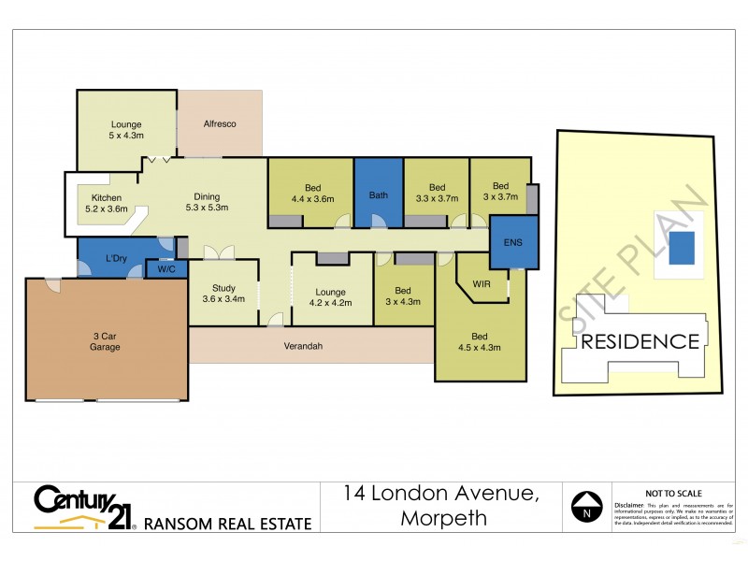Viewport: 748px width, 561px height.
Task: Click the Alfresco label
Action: [x=220, y=123]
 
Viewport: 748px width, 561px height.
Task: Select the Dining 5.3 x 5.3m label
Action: [x=207, y=202]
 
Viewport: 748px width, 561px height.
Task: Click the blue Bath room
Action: [x=378, y=194]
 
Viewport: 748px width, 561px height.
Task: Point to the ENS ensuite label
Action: [x=512, y=243]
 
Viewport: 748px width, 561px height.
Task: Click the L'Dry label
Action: [x=116, y=258]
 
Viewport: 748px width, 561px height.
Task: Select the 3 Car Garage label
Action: [x=106, y=340]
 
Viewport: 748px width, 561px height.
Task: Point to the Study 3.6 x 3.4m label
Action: [x=223, y=294]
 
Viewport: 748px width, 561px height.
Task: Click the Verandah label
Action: [x=304, y=346]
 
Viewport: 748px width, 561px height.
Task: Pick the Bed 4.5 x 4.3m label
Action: [x=480, y=341]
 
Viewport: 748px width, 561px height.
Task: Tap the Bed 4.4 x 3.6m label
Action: [x=312, y=193]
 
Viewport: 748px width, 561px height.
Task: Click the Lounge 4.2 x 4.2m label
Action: [x=330, y=297]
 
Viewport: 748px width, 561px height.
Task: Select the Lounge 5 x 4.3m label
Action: [x=125, y=130]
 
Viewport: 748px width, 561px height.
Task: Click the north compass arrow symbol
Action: [x=586, y=507]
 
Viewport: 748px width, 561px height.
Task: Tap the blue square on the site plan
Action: [x=683, y=247]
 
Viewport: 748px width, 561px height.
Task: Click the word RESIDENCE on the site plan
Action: [x=640, y=341]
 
